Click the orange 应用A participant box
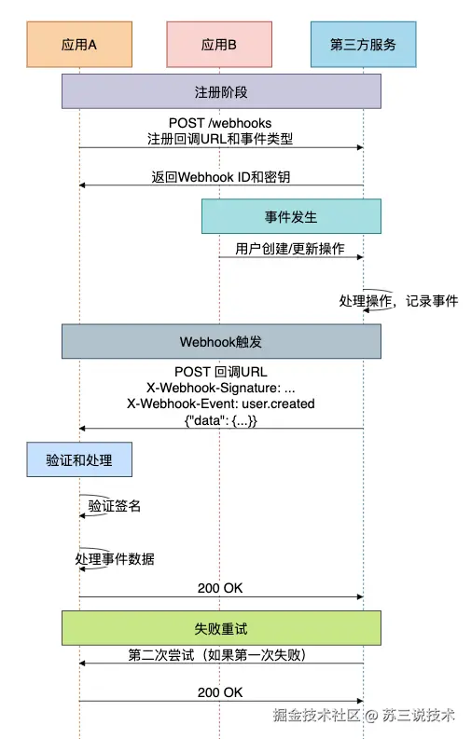pyautogui.click(x=79, y=45)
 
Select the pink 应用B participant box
pyautogui.click(x=219, y=45)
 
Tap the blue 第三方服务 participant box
pyautogui.click(x=364, y=45)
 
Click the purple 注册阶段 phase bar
pyautogui.click(x=221, y=91)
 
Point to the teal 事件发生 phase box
pyautogui.click(x=291, y=216)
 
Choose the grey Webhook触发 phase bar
pyautogui.click(x=221, y=341)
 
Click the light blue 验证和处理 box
pyautogui.click(x=79, y=459)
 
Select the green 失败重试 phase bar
pyautogui.click(x=221, y=628)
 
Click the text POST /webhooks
pyautogui.click(x=220, y=123)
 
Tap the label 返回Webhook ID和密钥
pyautogui.click(x=221, y=177)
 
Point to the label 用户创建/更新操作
pyautogui.click(x=290, y=249)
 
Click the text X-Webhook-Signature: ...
pyautogui.click(x=214, y=388)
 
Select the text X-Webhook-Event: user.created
pyautogui.click(x=221, y=404)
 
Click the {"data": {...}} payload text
pyautogui.click(x=221, y=420)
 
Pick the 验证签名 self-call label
pyautogui.click(x=115, y=506)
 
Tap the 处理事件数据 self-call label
pyautogui.click(x=115, y=559)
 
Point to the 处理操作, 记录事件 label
pyautogui.click(x=398, y=301)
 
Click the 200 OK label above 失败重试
pyautogui.click(x=220, y=588)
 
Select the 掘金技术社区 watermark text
pyautogui.click(x=316, y=715)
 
